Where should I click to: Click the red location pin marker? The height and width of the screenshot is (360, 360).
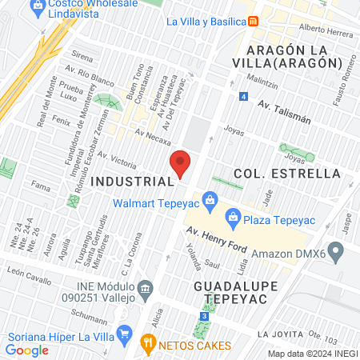click(181, 163)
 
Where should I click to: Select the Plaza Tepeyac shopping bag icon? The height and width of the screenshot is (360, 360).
click(233, 214)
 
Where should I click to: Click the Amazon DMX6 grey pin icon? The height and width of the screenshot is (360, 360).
click(336, 254)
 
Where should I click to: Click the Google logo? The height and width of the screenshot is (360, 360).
click(27, 350)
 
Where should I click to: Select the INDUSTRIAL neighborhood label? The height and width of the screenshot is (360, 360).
click(133, 182)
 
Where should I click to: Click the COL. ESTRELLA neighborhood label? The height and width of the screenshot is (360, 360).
click(287, 174)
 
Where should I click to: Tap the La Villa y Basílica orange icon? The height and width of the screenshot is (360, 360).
click(253, 20)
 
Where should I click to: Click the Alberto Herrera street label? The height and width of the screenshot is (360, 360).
click(326, 30)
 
